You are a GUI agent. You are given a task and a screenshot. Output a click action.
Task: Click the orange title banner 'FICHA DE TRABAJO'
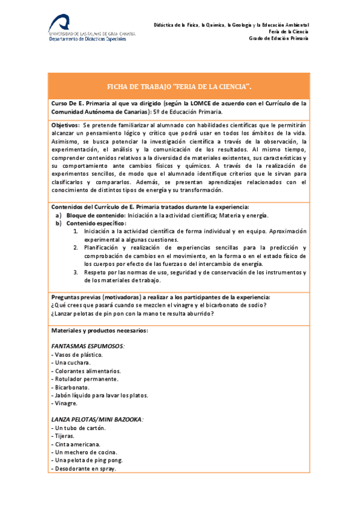coord(180,86)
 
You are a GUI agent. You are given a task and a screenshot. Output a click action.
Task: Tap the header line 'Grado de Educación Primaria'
coord(278,38)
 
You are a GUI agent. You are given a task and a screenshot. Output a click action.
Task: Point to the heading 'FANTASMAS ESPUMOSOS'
coord(88,346)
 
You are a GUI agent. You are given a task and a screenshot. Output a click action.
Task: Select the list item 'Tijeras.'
coord(64,436)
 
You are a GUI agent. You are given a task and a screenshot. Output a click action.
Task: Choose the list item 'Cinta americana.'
coord(76,444)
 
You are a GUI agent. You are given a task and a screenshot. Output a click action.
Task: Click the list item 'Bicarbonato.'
coord(71,387)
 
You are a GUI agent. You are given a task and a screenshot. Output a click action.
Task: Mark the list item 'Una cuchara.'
coord(72,363)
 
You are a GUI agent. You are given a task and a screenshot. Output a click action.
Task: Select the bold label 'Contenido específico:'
coord(97,223)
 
